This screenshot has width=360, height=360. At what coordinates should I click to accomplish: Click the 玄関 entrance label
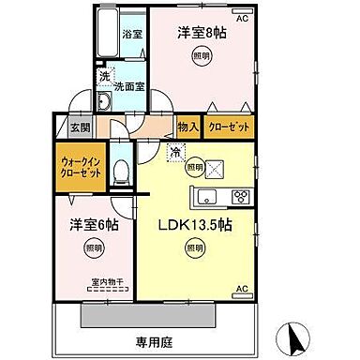pyautogui.click(x=79, y=129)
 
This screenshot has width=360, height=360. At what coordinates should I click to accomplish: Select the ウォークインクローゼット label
pyautogui.click(x=78, y=170)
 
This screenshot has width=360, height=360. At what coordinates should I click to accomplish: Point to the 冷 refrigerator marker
pyautogui.click(x=175, y=151)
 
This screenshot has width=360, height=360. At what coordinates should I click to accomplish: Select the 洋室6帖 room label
pyautogui.click(x=92, y=226)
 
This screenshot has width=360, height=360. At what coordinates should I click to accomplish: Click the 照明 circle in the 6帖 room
pyautogui.click(x=92, y=248)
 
